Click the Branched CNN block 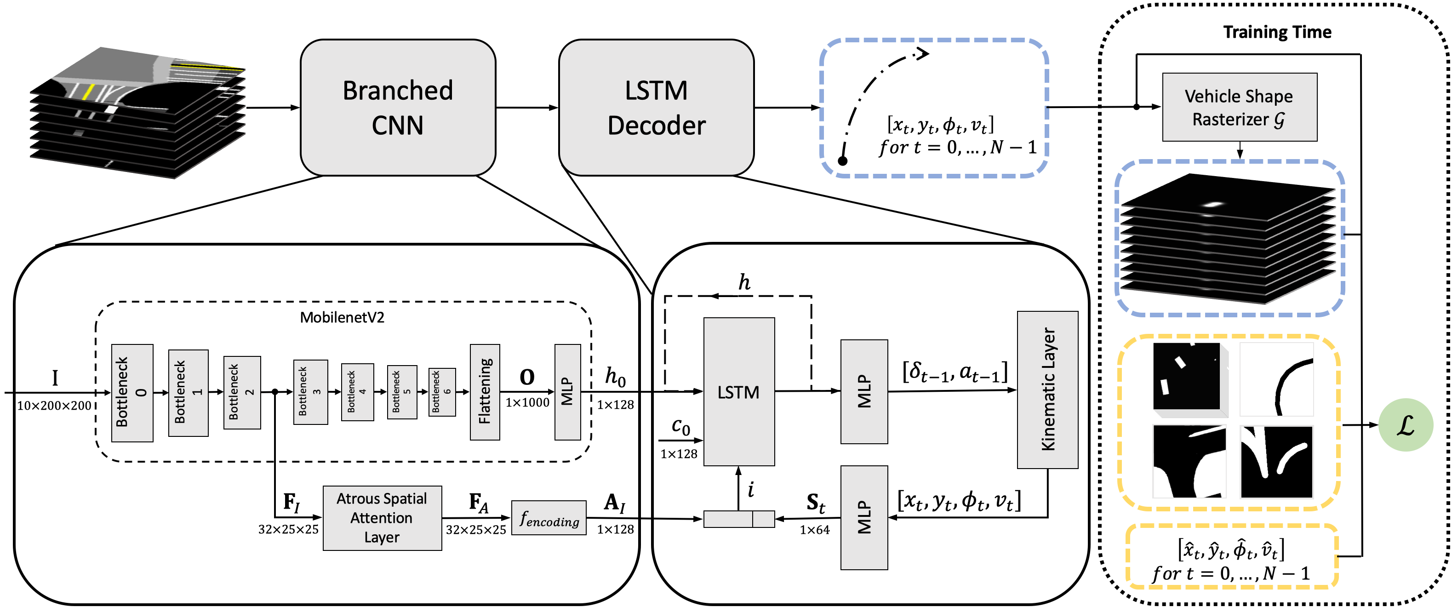click(x=398, y=108)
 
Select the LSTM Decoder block click(x=656, y=108)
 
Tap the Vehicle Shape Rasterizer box click(x=1240, y=107)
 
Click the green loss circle click(x=1405, y=424)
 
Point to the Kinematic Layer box click(x=1047, y=389)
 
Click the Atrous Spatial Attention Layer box click(x=382, y=518)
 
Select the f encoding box click(x=549, y=518)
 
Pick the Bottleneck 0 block click(x=132, y=393)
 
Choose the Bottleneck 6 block click(x=441, y=392)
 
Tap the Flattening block click(x=485, y=392)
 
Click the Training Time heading click(x=1277, y=32)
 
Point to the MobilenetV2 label click(x=342, y=317)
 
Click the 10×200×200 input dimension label click(x=54, y=406)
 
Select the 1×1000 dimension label click(x=527, y=402)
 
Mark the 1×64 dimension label click(x=814, y=530)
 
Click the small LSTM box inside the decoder click(x=738, y=392)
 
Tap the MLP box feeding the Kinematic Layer click(x=863, y=391)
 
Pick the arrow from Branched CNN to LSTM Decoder click(x=527, y=108)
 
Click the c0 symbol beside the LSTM click(x=681, y=427)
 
